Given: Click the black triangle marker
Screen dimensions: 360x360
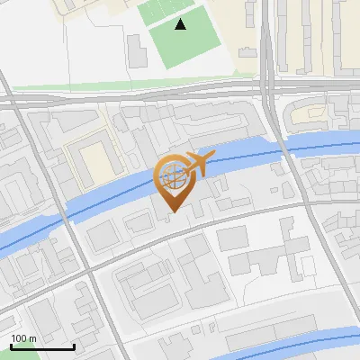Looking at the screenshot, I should (x=181, y=24).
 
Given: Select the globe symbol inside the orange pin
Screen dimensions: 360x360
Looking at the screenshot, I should (x=171, y=176).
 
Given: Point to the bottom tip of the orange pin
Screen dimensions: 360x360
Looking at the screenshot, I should (x=171, y=212).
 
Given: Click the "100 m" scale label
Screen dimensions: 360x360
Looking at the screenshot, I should (x=23, y=338).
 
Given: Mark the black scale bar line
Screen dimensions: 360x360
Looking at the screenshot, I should (x=41, y=346).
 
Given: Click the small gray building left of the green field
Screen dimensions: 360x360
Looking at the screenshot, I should (x=137, y=49).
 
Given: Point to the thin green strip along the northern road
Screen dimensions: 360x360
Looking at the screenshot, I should (x=135, y=87).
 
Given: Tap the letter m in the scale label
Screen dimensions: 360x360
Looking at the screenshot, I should (x=32, y=338).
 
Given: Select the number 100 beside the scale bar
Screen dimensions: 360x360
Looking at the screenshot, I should (x=19, y=338).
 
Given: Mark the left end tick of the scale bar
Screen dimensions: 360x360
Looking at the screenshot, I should (x=10, y=346).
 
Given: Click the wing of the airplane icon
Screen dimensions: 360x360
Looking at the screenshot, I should (x=201, y=158).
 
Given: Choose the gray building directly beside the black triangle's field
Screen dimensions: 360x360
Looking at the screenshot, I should (x=137, y=49).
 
